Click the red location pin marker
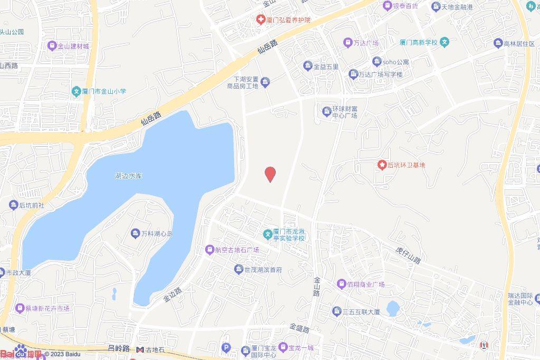click(x=270, y=173)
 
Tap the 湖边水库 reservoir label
click(x=129, y=176)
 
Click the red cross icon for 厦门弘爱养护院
click(x=261, y=20)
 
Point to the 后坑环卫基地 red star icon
click(x=382, y=165)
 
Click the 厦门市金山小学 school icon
click(x=76, y=92)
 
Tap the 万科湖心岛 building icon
click(x=135, y=233)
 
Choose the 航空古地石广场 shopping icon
click(x=210, y=250)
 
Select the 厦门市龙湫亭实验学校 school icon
click(x=267, y=233)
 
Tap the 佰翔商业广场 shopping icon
click(x=342, y=284)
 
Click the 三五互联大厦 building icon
click(x=336, y=312)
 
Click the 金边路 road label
click(x=172, y=294)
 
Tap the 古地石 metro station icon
click(x=140, y=349)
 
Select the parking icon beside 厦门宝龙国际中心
click(x=227, y=348)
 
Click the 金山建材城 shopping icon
click(x=52, y=46)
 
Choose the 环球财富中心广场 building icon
click(x=327, y=111)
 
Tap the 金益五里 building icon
click(x=308, y=66)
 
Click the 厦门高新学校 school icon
click(x=445, y=42)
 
